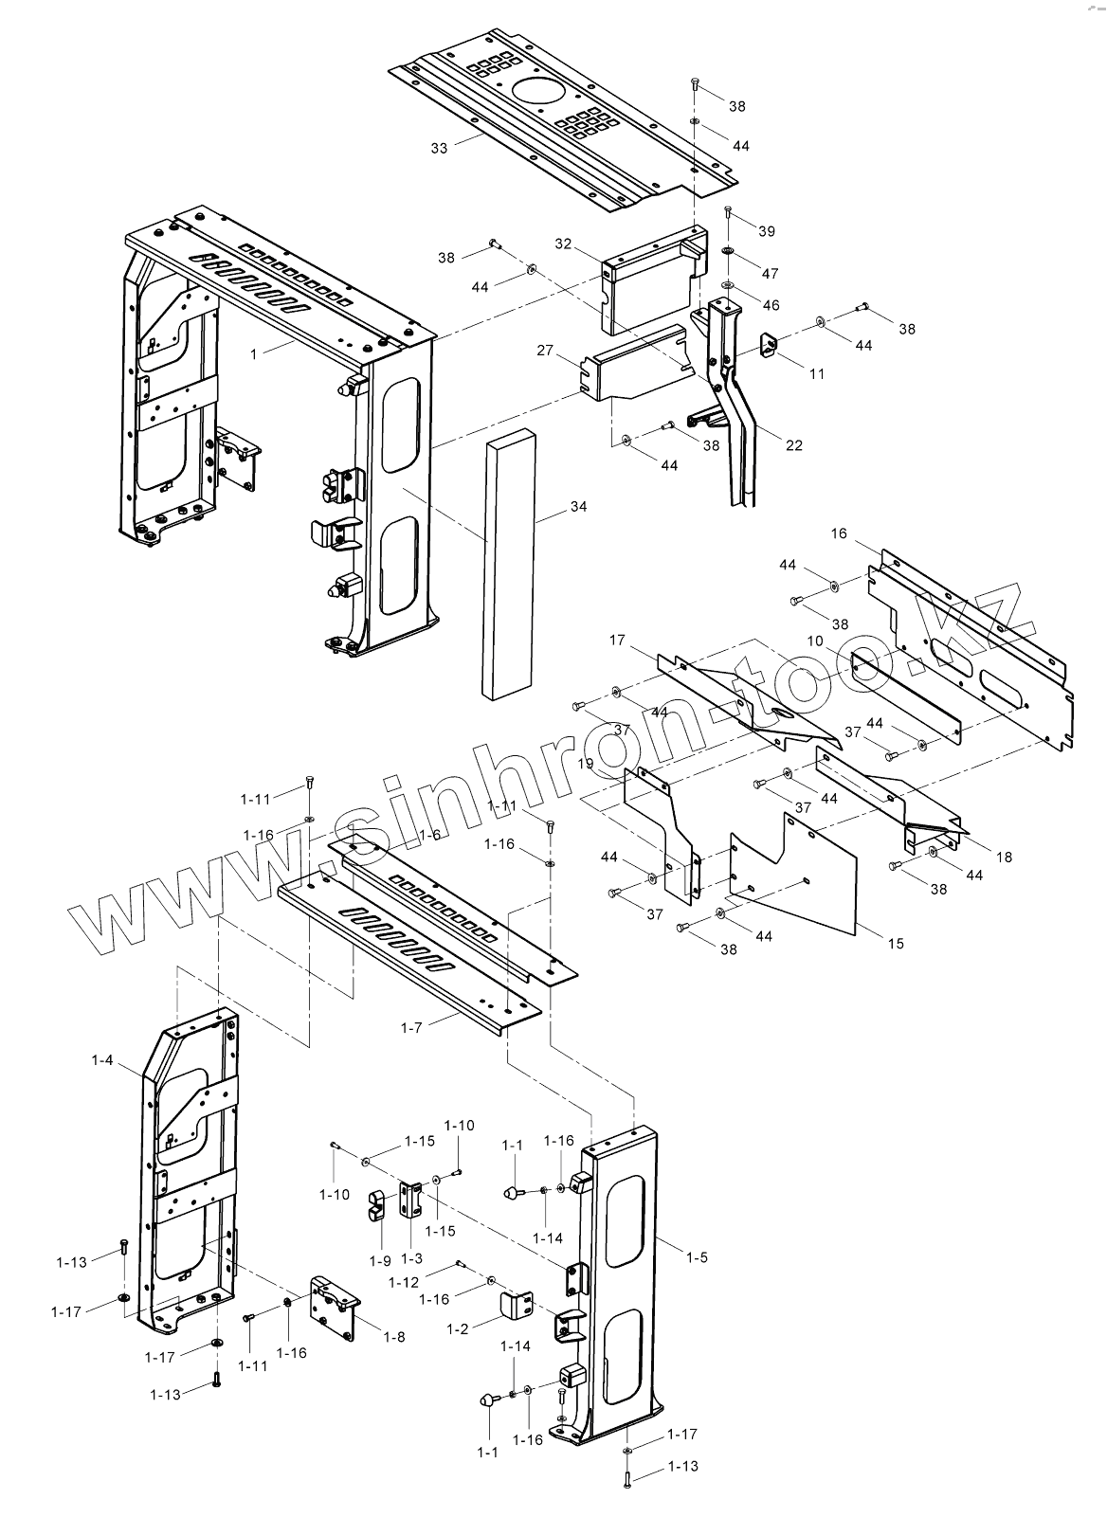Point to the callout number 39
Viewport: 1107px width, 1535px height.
click(x=767, y=231)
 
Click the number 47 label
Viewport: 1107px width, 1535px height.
click(x=770, y=273)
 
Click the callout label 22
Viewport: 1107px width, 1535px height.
click(x=793, y=444)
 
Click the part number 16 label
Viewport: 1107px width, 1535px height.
click(x=839, y=533)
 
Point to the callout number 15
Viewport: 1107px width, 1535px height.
click(x=896, y=943)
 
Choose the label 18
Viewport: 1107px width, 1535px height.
click(x=1004, y=857)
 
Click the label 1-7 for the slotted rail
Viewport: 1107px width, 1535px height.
click(x=412, y=1027)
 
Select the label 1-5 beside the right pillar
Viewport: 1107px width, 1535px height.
click(x=698, y=1257)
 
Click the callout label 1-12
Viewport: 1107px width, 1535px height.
click(x=404, y=1282)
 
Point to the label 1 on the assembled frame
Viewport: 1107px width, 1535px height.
click(x=253, y=353)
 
